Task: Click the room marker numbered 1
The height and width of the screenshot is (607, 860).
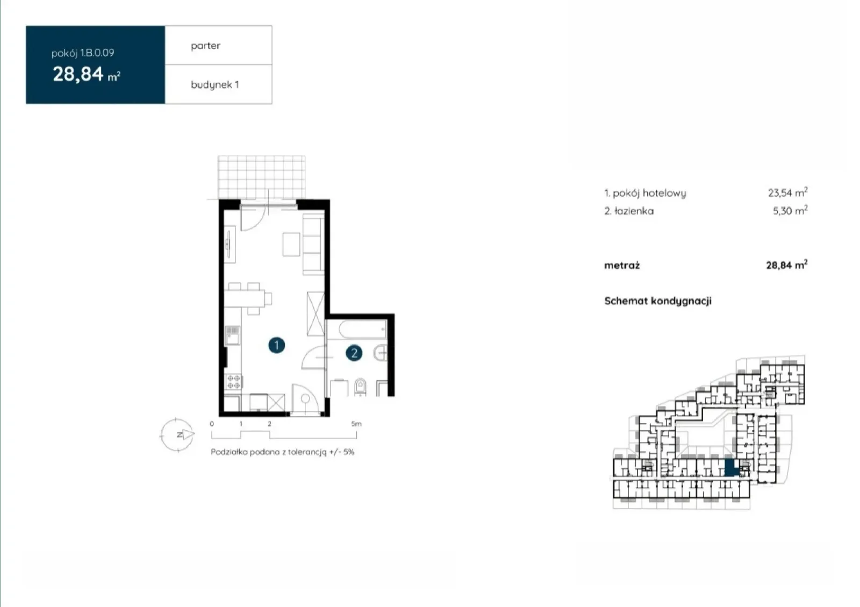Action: pos(276,345)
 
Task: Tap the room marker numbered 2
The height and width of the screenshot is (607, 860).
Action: pos(354,353)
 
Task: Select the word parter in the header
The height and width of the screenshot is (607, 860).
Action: pos(205,46)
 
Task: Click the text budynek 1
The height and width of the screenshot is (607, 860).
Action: pos(215,84)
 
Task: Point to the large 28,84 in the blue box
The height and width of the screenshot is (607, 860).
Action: pos(78,74)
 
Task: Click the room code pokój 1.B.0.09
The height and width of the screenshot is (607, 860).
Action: pos(83,53)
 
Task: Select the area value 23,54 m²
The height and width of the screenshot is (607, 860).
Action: pos(787,192)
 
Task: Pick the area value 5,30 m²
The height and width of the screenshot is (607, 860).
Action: pos(790,210)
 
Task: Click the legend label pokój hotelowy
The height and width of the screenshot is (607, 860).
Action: pos(649,193)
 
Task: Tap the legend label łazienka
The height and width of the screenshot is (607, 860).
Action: pos(634,211)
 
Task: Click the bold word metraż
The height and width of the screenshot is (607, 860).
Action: pos(622,265)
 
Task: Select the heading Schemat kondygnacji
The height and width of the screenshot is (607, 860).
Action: pos(658,301)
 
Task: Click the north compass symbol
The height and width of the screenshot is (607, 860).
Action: pos(177,434)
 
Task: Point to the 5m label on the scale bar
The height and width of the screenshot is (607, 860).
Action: pos(356,424)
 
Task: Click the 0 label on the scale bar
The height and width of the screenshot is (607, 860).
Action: pos(212,424)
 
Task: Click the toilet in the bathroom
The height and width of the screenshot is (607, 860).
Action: pos(360,387)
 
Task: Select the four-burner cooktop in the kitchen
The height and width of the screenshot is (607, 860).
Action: pos(233,382)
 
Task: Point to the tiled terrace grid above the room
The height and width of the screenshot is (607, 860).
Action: pos(261,177)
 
